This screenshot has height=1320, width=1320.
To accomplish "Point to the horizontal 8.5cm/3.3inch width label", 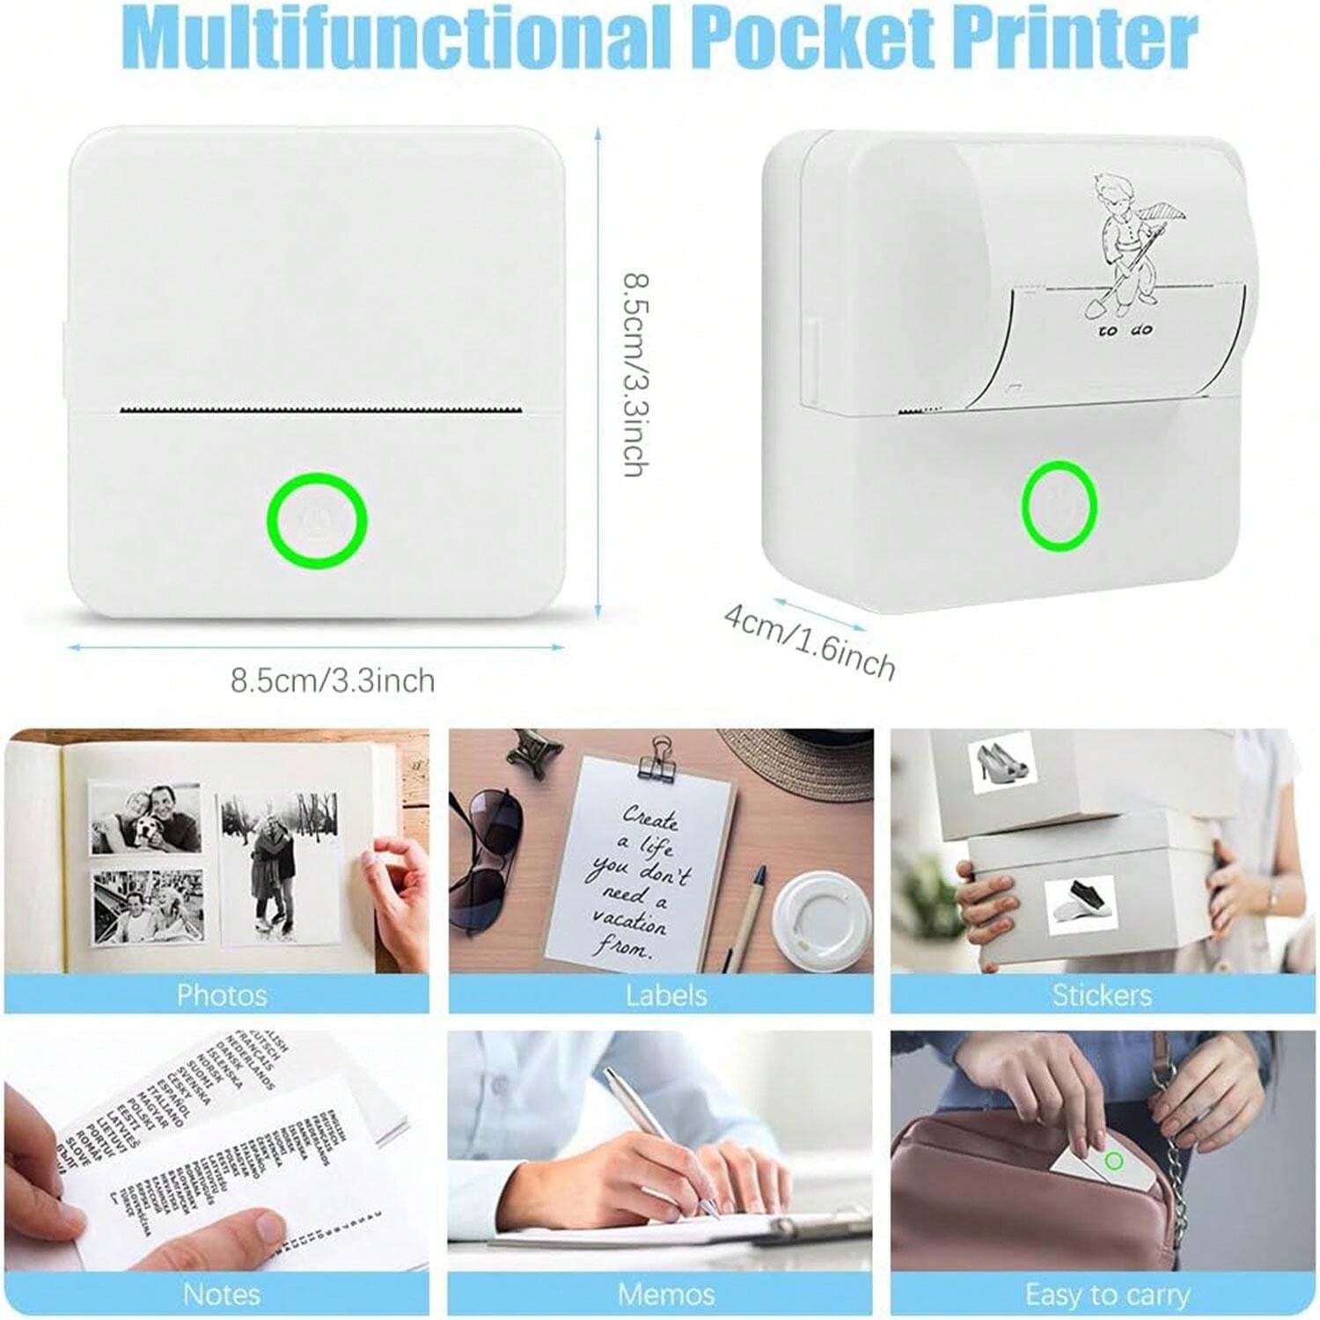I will [333, 680].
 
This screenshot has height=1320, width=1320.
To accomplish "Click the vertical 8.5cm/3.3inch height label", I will [636, 374].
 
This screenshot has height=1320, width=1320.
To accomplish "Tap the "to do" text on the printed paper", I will [1125, 331].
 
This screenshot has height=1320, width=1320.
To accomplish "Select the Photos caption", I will [221, 995].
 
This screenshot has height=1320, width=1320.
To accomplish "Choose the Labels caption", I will [665, 995].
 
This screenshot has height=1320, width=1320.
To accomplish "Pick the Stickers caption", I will [1101, 995].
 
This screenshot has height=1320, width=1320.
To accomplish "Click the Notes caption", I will [221, 1294].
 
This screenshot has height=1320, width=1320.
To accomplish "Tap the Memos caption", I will [665, 1294].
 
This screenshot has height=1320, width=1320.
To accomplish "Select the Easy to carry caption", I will [1106, 1294].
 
